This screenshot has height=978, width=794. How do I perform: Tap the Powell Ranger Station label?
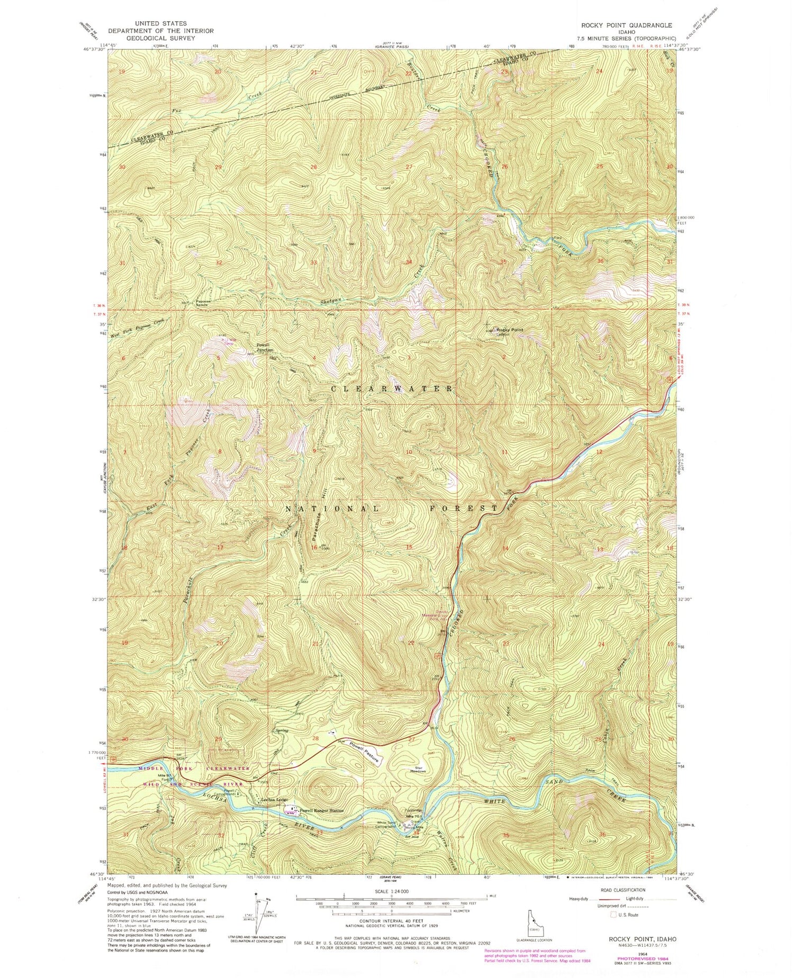coord(321,810)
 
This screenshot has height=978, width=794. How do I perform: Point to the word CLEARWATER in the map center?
coord(392,388)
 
